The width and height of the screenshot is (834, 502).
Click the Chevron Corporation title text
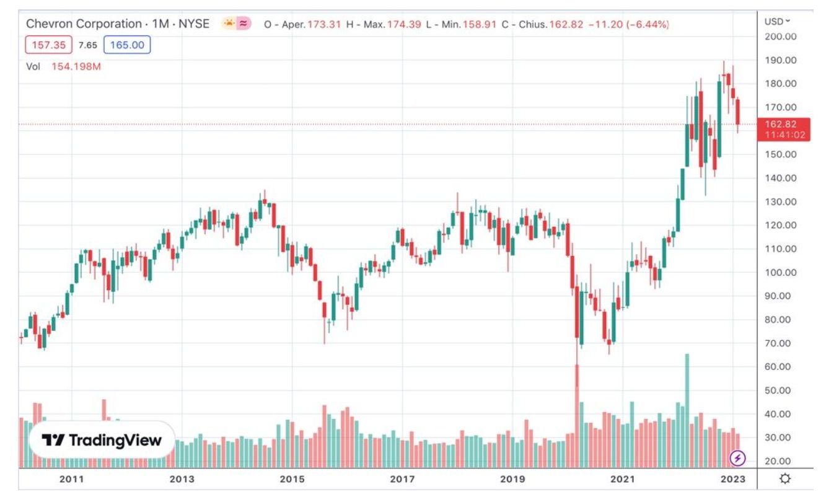pos(84,24)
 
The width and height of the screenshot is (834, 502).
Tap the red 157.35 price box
pos(48,45)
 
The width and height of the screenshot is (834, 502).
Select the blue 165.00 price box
pos(126,45)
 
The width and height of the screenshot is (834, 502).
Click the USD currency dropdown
pos(777,21)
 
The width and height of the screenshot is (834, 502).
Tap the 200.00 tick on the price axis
pos(781,37)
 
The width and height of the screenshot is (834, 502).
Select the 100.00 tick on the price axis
pos(781,272)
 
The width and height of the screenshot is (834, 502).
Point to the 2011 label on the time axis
pos(71,479)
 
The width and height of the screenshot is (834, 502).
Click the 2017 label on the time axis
pos(402,479)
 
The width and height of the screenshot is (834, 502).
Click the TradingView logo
pos(101,441)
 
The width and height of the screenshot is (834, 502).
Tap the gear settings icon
pos(785,478)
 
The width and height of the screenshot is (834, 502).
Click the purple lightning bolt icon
pos(738,458)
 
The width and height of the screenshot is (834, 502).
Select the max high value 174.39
pos(404,25)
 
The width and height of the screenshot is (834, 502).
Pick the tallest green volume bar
pos(687,409)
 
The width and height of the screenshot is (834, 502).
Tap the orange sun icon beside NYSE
pos(229,24)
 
